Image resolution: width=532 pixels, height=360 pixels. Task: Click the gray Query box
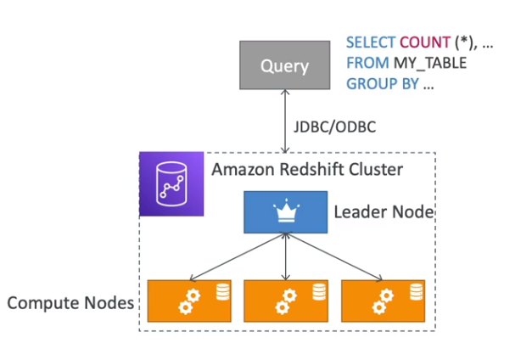pyautogui.click(x=285, y=64)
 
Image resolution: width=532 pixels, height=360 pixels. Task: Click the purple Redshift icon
pyautogui.click(x=171, y=183)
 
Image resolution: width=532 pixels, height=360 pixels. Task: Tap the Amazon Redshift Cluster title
pyautogui.click(x=306, y=169)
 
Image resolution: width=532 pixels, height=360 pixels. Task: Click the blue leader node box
pyautogui.click(x=286, y=211)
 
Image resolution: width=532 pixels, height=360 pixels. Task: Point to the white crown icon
pyautogui.click(x=286, y=211)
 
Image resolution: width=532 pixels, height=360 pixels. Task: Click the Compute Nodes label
pyautogui.click(x=71, y=302)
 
